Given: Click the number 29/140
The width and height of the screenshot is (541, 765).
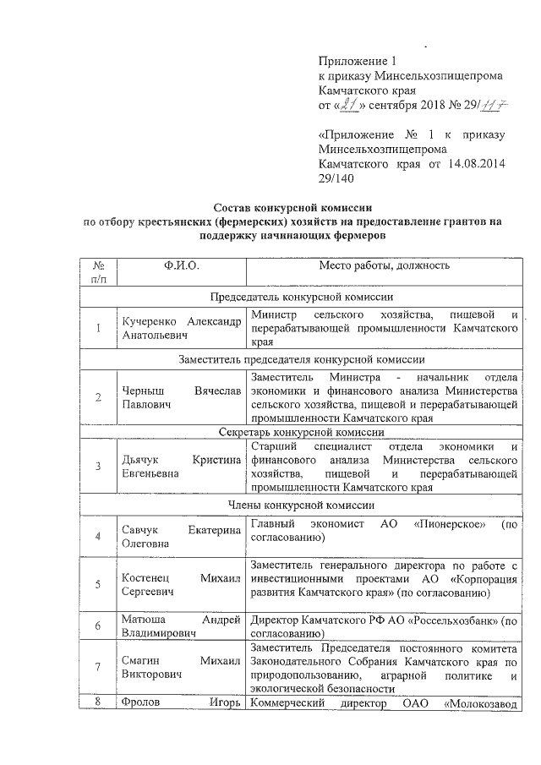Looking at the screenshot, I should pos(336,178).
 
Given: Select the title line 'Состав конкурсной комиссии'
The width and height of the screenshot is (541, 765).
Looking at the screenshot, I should pos(292,208).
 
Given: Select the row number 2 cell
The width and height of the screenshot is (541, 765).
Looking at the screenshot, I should pos(99,398).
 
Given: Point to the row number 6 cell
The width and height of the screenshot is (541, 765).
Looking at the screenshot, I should pos(99,626).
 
